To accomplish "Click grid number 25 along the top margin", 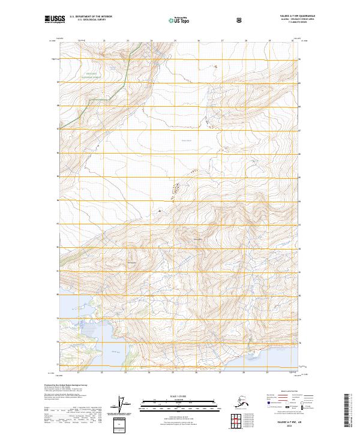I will point(175,41).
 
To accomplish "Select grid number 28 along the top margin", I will point(245,41).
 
